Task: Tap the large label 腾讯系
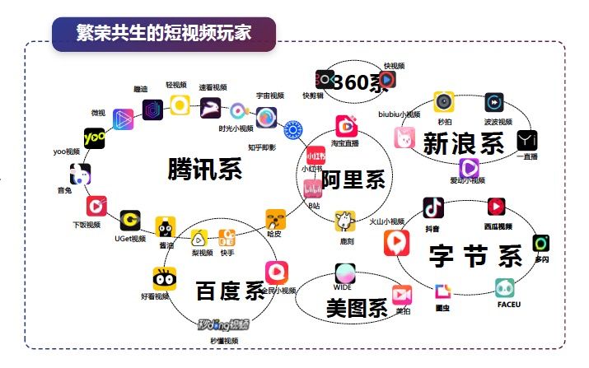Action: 204,169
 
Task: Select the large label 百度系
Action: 230,291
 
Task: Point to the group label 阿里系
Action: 352,180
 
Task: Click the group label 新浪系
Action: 463,144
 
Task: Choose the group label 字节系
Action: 475,257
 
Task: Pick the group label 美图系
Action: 356,310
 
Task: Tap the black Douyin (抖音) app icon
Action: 434,207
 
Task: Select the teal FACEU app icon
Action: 506,287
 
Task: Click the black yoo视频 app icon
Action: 95,137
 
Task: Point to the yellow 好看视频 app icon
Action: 164,278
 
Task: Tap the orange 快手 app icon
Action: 227,238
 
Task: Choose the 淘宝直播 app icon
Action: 345,126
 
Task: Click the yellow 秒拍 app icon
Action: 444,101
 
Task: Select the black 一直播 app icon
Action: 527,140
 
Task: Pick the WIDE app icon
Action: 345,273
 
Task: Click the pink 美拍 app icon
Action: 402,294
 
